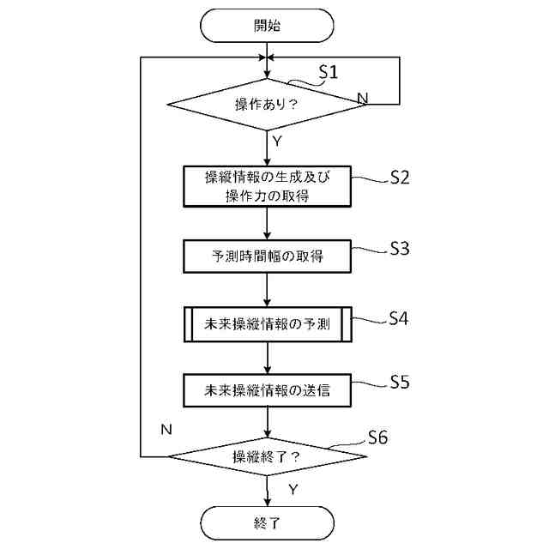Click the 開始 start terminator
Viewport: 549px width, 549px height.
coord(267,25)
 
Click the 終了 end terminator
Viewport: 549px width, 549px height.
coord(267,522)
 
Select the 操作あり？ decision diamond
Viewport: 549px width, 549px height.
coord(267,105)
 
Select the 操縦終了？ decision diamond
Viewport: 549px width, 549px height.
coord(267,456)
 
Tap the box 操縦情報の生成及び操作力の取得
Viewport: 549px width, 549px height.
coord(268,186)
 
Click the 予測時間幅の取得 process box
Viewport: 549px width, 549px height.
coord(268,256)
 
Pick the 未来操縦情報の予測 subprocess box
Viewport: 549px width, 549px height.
coord(268,326)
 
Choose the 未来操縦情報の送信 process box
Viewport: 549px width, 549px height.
coord(268,390)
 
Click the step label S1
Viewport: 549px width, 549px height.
coord(328,72)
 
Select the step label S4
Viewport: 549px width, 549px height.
coord(398,318)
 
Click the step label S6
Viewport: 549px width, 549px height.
coord(377,437)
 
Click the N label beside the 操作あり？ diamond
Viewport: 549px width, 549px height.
coord(363,99)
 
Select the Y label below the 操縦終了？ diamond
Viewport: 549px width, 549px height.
coord(293,489)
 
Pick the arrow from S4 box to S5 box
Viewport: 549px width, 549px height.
coord(268,359)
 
